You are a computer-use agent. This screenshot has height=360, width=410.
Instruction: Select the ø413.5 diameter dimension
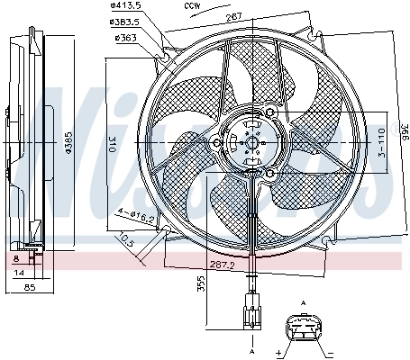pos(135,9)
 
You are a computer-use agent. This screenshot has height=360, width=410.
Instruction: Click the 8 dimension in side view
pos(17,257)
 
